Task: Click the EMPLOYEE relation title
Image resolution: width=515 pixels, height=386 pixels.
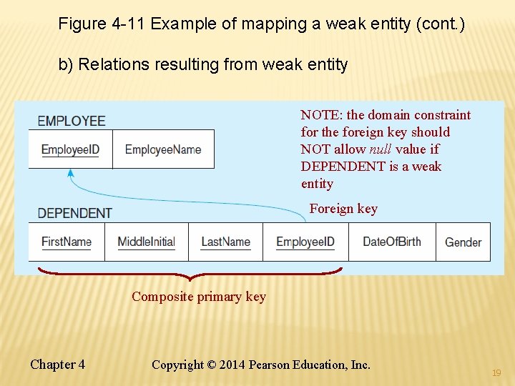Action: (x=72, y=121)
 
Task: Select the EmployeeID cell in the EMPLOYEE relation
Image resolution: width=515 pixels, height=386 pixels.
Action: (x=70, y=149)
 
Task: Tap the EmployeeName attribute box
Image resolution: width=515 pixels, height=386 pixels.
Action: (x=163, y=149)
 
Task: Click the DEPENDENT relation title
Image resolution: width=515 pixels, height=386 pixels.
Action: (x=74, y=213)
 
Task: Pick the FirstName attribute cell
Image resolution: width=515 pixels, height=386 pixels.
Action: (x=67, y=242)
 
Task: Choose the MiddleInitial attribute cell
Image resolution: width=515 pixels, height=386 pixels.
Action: (x=146, y=242)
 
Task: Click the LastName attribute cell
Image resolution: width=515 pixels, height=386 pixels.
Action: (x=225, y=242)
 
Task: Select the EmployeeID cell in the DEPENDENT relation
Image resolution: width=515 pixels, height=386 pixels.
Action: (x=305, y=242)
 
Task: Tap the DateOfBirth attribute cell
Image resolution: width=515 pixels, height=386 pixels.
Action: (x=392, y=242)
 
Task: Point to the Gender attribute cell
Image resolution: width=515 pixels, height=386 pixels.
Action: (x=463, y=242)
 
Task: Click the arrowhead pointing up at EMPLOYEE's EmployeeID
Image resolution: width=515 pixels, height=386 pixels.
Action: (x=70, y=172)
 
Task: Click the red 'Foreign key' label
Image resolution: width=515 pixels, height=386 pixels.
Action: (x=343, y=209)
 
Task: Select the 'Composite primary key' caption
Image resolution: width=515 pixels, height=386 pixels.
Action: (x=198, y=297)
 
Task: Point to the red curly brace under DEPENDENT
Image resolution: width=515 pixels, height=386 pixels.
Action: (x=190, y=274)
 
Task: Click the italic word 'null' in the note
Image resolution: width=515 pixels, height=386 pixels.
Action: (x=379, y=149)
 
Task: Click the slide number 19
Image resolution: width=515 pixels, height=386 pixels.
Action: (x=497, y=373)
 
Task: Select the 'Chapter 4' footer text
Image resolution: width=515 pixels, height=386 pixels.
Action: (x=57, y=365)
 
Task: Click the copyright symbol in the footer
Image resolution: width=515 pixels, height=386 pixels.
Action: (x=211, y=365)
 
